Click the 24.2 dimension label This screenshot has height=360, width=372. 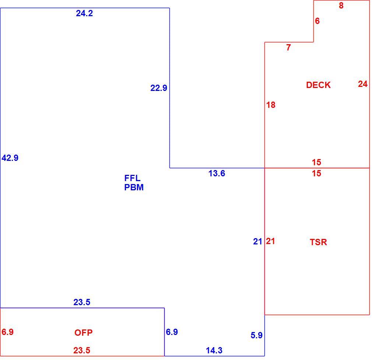pos(84,13)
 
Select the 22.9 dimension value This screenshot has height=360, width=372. pos(159,88)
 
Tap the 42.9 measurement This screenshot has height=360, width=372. pos(10,158)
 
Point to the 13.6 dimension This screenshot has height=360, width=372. pos(217,173)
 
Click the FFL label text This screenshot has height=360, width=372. pos(132,178)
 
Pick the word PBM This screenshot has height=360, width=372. pos(134,187)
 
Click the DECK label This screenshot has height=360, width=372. pos(318,85)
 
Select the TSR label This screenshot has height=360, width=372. pos(318,242)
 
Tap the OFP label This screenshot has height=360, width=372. pos(83,333)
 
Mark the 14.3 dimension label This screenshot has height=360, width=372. pos(214,350)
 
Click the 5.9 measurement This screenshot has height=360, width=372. pos(256,335)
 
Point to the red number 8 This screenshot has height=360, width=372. pos(341,6)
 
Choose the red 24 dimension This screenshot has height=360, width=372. pos(363,84)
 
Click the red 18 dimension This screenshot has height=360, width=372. pos(271,105)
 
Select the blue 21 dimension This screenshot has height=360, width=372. pos(257,241)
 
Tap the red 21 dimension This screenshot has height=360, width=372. pos(270,241)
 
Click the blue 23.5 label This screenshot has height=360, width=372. pos(82,302)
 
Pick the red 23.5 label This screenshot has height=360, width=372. pos(82,350)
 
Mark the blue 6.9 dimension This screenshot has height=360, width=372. pos(172,332)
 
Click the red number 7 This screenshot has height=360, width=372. pos(288,47)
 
